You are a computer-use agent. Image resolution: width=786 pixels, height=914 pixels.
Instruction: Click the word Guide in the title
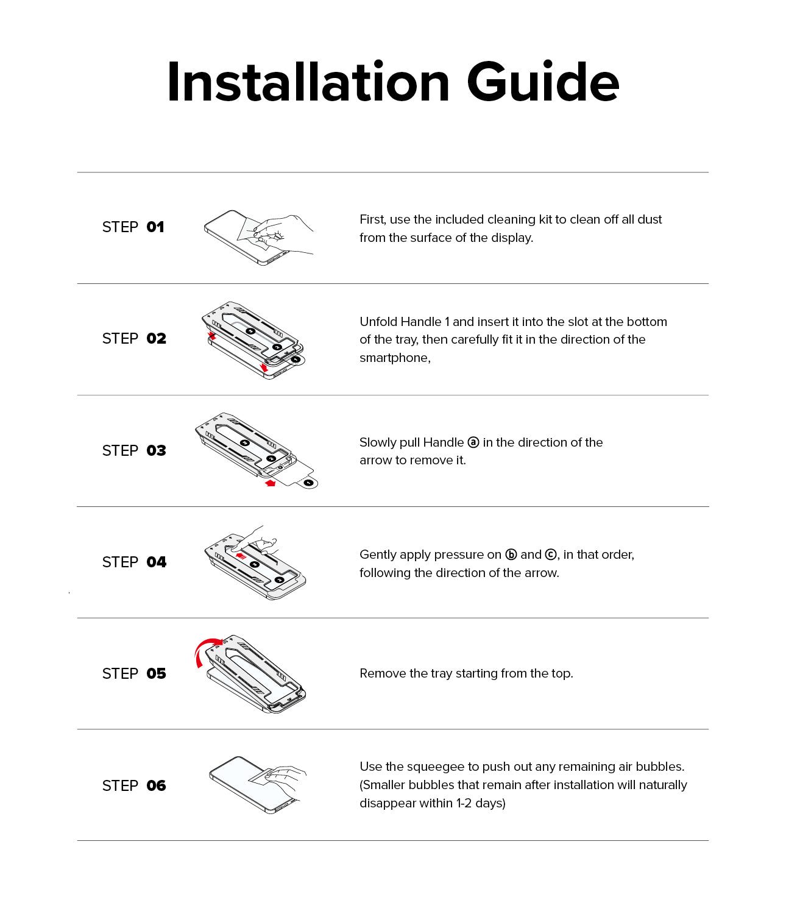(x=543, y=82)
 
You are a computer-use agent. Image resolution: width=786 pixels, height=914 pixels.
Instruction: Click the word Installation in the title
(x=308, y=82)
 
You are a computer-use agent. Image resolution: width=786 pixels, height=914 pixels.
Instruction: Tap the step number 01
(x=155, y=227)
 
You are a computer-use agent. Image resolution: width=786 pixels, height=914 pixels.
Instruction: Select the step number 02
(x=156, y=339)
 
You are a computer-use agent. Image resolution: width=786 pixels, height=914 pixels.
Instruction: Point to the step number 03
(x=156, y=451)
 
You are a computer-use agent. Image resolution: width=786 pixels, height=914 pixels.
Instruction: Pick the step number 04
(x=156, y=562)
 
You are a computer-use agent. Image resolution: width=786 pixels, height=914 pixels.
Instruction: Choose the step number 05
(x=156, y=674)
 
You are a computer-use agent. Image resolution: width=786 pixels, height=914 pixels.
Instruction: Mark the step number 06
(x=156, y=786)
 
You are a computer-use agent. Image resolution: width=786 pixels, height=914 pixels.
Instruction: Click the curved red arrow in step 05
(x=205, y=650)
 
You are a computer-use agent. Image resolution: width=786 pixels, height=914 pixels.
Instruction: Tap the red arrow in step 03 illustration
(x=271, y=483)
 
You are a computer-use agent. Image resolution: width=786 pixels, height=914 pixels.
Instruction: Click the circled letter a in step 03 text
(x=473, y=442)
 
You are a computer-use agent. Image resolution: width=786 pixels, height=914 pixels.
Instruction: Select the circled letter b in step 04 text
(x=511, y=554)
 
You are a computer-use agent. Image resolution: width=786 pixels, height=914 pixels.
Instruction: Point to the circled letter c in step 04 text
(x=551, y=554)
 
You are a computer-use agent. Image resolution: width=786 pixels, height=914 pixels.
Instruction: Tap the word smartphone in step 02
(x=394, y=358)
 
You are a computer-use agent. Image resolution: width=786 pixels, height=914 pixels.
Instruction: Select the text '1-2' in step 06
(x=464, y=804)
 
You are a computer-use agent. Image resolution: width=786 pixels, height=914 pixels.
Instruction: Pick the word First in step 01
(x=372, y=219)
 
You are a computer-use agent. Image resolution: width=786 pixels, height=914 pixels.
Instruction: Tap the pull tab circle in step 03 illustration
(x=309, y=483)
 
